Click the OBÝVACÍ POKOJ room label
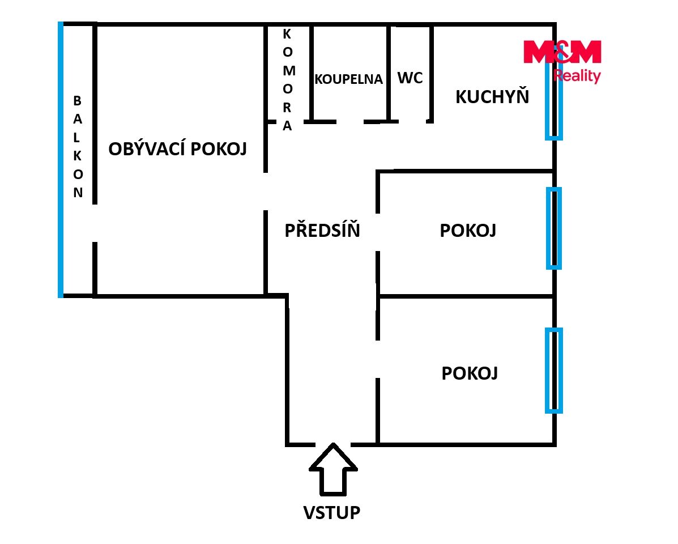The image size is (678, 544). point(177,148)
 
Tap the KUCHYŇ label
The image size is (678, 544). point(492,96)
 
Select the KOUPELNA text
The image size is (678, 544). point(348,79)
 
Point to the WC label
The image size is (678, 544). point(410,78)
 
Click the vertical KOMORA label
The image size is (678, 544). point(288,80)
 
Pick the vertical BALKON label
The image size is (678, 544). point(78,147)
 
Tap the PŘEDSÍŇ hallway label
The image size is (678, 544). point(322,230)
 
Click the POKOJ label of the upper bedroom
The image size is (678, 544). point(468,231)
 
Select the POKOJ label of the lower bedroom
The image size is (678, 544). point(470,373)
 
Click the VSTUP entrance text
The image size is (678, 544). point(332,512)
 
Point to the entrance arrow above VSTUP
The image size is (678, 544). point(333,469)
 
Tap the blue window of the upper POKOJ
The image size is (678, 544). point(553,228)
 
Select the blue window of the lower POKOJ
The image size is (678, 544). point(553,371)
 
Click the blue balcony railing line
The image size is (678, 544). point(61,160)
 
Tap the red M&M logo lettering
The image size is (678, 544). point(562,52)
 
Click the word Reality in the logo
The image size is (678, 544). point(577,76)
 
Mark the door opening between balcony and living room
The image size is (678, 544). point(95,223)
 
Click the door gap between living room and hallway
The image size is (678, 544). point(266,192)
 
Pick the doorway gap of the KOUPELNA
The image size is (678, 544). point(350,122)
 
